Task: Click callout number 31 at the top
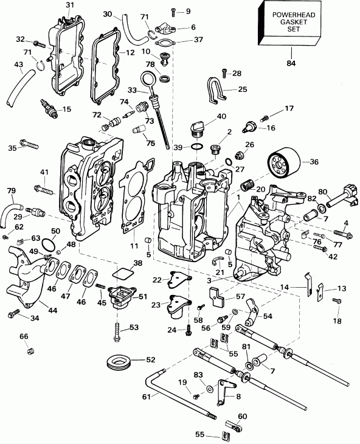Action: point(69,5)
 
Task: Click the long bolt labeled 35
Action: point(28,144)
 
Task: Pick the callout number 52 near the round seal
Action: point(148,359)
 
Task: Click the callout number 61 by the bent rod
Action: point(162,395)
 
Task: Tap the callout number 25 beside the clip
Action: point(243,89)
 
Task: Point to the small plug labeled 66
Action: point(27,350)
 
